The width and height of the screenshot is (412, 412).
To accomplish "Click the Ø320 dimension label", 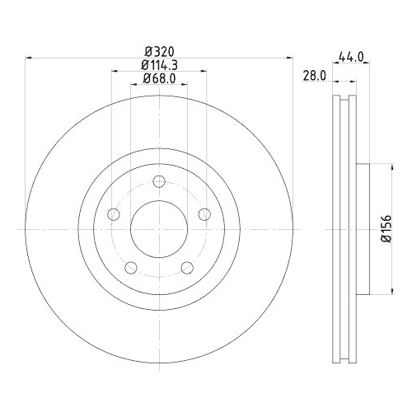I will click(160, 51).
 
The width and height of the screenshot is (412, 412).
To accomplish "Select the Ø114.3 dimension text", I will click(160, 64).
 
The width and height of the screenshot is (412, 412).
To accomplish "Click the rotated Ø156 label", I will click(385, 226).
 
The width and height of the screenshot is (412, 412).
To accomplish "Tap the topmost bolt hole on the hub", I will click(160, 183).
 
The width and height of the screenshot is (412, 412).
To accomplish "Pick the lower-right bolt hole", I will click(188, 268).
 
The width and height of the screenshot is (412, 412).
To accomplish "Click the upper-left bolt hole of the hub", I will click(115, 215).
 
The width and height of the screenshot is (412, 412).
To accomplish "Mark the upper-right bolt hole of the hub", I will click(205, 215).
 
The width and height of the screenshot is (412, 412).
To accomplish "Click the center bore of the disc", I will click(160, 228).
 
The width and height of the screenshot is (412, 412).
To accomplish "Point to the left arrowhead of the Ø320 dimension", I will click(30, 58).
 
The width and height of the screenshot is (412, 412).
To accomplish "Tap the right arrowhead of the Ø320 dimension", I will click(289, 58).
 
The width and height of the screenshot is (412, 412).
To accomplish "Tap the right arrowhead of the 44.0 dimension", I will click(365, 64).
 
